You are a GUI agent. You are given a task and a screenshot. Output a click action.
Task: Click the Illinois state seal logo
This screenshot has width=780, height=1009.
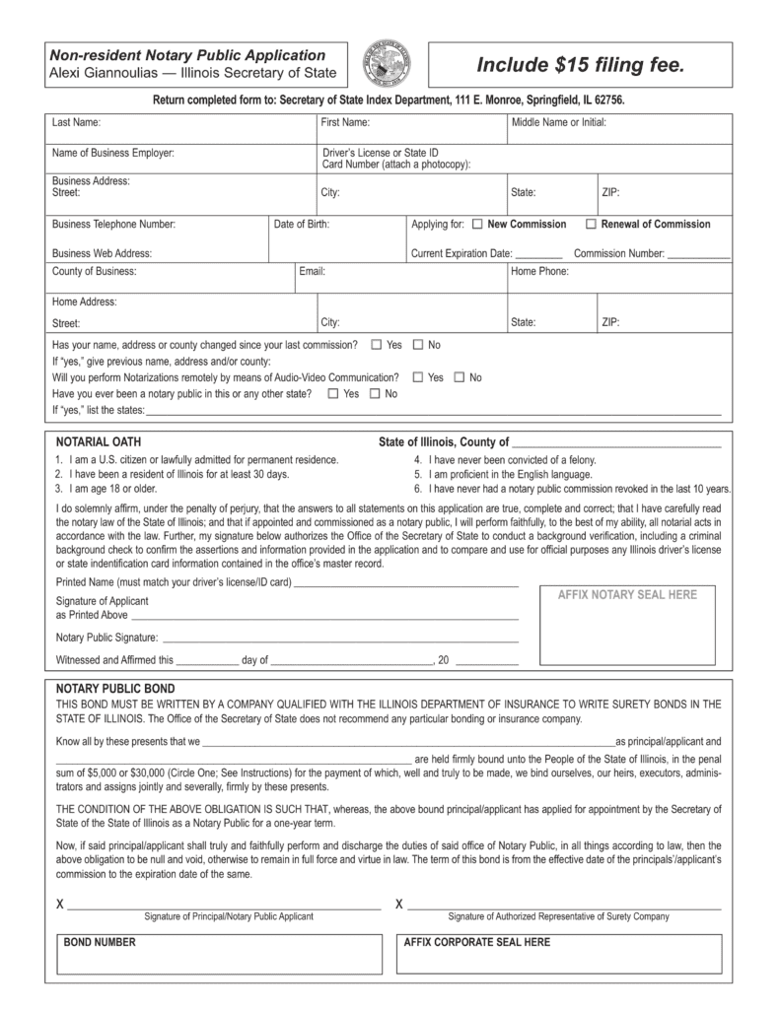389,65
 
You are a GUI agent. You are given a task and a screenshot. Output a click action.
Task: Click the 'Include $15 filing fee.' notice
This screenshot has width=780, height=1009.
580,65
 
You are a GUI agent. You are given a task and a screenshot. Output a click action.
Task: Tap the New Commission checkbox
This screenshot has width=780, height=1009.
477,225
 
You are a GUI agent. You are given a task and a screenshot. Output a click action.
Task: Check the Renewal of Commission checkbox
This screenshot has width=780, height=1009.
591,225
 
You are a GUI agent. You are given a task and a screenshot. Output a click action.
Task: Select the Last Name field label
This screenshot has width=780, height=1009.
76,123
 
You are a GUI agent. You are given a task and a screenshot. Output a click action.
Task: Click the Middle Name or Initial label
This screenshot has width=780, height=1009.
558,123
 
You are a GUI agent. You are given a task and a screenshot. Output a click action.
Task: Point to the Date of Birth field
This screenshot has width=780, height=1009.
302,225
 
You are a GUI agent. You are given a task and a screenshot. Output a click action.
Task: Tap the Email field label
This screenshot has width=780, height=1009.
312,271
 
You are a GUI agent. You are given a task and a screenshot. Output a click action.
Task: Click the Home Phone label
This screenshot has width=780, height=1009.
539,271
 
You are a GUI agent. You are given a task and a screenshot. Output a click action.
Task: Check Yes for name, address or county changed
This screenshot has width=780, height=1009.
377,346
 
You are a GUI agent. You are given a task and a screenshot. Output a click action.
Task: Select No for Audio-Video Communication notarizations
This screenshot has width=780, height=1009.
459,377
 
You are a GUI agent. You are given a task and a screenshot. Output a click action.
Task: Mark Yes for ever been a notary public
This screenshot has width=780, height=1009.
332,394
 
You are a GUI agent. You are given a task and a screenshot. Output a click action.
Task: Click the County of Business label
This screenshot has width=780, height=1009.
95,271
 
